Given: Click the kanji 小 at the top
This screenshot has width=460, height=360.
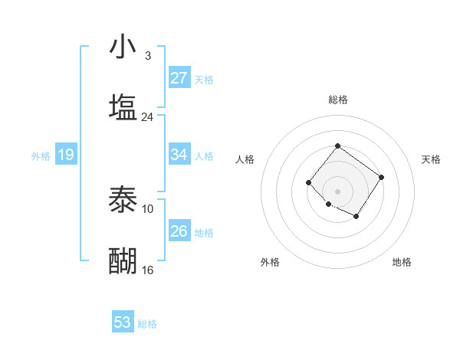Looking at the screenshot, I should pyautogui.click(x=123, y=47).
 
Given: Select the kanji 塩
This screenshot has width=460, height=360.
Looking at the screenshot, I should pyautogui.click(x=123, y=106).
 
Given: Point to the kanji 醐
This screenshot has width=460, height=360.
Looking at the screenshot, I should pyautogui.click(x=123, y=260).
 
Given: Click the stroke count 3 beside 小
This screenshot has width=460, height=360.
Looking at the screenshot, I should pyautogui.click(x=147, y=56).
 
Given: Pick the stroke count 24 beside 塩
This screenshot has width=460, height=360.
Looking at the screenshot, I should pyautogui.click(x=147, y=116).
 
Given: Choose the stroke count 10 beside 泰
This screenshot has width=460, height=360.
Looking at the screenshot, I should pyautogui.click(x=147, y=208).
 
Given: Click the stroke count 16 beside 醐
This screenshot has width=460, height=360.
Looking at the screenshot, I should pyautogui.click(x=147, y=270).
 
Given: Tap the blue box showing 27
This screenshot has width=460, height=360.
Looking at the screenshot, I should pyautogui.click(x=179, y=78).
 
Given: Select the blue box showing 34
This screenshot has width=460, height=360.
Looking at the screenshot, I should pyautogui.click(x=179, y=155).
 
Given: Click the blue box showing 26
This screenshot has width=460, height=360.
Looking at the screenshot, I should pyautogui.click(x=179, y=231).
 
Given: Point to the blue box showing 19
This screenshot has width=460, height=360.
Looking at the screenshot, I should pyautogui.click(x=66, y=155).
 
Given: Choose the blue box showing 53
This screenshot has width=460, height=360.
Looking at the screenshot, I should pyautogui.click(x=123, y=322).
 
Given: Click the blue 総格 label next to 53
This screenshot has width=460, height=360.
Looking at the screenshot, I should pyautogui.click(x=147, y=324).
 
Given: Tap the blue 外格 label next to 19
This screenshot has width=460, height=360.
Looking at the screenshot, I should pyautogui.click(x=41, y=156).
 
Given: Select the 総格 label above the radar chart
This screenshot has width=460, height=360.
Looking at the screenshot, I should pyautogui.click(x=337, y=100).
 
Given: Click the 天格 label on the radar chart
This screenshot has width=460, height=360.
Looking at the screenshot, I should pyautogui.click(x=431, y=159).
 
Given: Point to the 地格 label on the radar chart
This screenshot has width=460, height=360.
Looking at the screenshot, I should pyautogui.click(x=402, y=262).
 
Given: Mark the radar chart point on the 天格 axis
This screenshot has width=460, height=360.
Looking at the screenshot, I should pyautogui.click(x=382, y=177).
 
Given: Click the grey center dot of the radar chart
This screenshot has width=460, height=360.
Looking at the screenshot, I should pyautogui.click(x=337, y=191).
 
